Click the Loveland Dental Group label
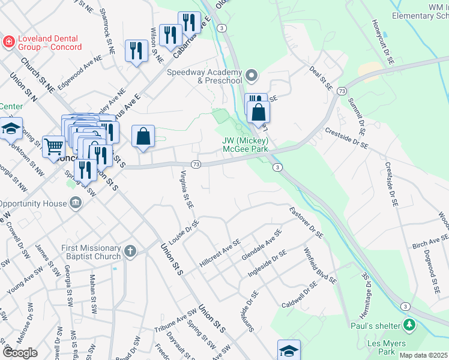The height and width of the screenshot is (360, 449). coord(49,43)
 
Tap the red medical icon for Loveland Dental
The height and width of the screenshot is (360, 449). coord(8,41)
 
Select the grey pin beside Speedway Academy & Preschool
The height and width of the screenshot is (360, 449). coord(252,76)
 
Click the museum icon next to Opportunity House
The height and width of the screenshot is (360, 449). coord(76,203)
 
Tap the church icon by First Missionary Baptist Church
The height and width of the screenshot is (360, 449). coord(130,252)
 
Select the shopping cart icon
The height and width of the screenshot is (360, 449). coord(54,146)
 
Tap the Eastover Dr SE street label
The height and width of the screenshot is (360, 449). coord(306,222)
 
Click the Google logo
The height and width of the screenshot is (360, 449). coord(20,353)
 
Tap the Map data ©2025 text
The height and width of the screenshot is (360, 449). coord(423,355)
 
